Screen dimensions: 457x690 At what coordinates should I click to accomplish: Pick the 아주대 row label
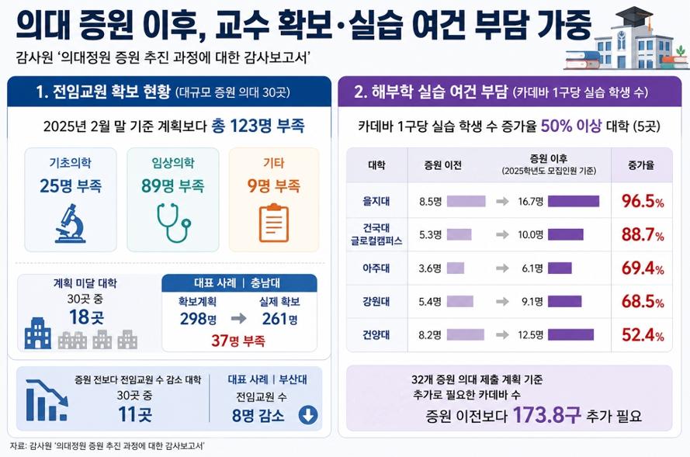point(376,268)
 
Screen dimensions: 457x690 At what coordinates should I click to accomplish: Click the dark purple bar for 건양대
point(570,335)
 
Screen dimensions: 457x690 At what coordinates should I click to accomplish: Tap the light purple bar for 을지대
point(466,202)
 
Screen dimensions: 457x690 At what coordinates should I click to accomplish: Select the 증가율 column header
point(643,166)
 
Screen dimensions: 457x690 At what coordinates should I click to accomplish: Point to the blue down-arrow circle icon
point(308,415)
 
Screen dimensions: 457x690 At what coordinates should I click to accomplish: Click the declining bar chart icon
point(47,399)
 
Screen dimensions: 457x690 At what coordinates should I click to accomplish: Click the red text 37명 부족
point(238,340)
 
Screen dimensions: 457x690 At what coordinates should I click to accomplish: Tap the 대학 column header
point(376,166)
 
